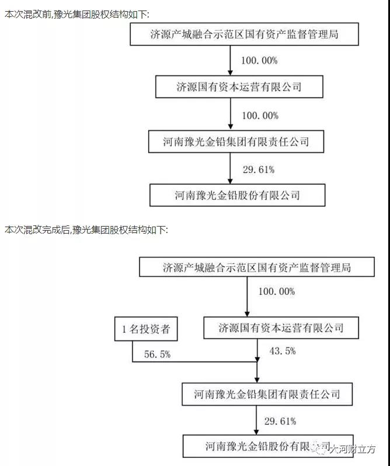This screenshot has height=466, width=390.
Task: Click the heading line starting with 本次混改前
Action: point(77,14)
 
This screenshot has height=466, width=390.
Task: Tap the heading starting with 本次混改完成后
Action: point(86,229)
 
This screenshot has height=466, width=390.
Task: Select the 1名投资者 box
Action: point(146,329)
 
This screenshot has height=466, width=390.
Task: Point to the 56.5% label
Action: point(157,354)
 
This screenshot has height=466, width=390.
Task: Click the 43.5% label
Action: point(283,351)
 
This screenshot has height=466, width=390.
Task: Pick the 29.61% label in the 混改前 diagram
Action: point(259,170)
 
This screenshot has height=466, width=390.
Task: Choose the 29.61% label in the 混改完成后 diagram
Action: point(280,421)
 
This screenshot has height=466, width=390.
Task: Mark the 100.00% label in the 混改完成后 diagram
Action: point(277,291)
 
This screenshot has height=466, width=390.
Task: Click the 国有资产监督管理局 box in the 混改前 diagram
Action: point(244,34)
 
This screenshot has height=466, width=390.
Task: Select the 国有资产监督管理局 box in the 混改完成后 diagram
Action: point(257,267)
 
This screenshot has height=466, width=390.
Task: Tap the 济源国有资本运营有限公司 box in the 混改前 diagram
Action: point(239,87)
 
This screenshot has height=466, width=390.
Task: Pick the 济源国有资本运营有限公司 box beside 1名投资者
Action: point(281,328)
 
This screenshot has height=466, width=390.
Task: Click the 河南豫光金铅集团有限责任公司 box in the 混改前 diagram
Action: point(236,141)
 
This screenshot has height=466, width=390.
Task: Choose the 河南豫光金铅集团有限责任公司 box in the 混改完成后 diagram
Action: point(267,394)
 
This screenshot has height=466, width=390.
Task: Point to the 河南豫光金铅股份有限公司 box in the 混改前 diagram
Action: point(237,195)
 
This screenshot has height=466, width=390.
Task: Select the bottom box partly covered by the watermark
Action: point(268,446)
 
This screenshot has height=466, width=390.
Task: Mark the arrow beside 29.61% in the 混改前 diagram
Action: point(230,168)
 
